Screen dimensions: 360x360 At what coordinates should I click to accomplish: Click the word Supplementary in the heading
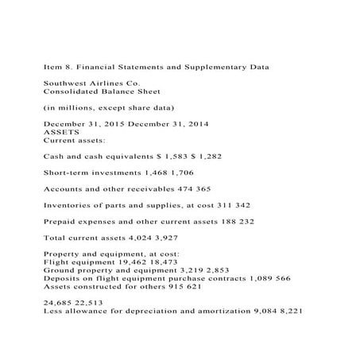(221, 69)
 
